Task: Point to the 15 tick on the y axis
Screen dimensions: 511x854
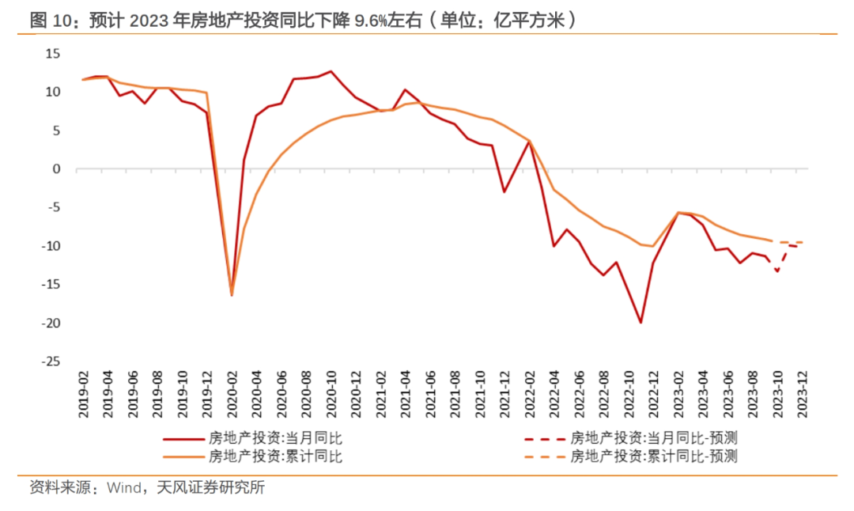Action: pyautogui.click(x=52, y=54)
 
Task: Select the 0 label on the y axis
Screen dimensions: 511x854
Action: pyautogui.click(x=56, y=169)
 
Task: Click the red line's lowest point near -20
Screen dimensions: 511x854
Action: pyautogui.click(x=640, y=323)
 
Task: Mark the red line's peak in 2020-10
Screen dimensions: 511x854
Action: pyautogui.click(x=331, y=71)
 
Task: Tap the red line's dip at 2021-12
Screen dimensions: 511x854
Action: pyautogui.click(x=504, y=192)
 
